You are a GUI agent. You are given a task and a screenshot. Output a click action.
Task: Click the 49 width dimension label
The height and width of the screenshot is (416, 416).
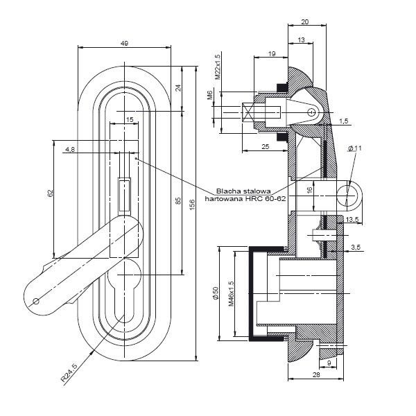[x=124, y=43]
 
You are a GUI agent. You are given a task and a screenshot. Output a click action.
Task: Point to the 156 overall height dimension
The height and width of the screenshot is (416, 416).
[x=193, y=205]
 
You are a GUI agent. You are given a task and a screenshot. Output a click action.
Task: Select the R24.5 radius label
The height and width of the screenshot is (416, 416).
[x=69, y=373]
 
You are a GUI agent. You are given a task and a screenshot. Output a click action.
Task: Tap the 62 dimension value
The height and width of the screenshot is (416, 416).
[x=50, y=193]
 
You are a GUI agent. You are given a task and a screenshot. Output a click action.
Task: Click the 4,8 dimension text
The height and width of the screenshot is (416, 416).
[x=70, y=149]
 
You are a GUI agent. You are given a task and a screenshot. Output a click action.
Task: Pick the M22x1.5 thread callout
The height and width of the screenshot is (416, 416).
[x=218, y=67]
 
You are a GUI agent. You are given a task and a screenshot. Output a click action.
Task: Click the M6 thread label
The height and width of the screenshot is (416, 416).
[x=209, y=95]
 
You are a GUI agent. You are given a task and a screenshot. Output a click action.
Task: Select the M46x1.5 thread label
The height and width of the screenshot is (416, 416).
[x=232, y=294]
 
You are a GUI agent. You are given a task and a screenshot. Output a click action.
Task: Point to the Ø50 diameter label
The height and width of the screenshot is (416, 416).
[x=216, y=293]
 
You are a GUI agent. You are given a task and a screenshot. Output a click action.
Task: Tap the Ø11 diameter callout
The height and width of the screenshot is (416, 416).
[x=354, y=148]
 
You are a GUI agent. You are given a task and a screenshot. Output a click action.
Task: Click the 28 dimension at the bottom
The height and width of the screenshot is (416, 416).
[x=316, y=374]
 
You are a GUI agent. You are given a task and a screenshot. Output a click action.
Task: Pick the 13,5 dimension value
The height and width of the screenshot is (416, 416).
[x=352, y=219]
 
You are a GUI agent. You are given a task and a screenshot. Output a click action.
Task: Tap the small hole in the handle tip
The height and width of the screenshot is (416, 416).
[x=35, y=301]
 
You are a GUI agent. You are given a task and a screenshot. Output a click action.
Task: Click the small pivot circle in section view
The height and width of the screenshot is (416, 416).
[x=312, y=112]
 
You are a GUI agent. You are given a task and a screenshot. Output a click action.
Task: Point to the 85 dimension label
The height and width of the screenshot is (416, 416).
[x=178, y=200]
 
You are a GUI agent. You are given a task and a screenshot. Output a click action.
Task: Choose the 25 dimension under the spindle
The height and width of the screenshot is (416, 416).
[x=266, y=146]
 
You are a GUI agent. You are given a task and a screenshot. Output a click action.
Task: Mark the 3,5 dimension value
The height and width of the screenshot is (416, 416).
[x=356, y=248]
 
